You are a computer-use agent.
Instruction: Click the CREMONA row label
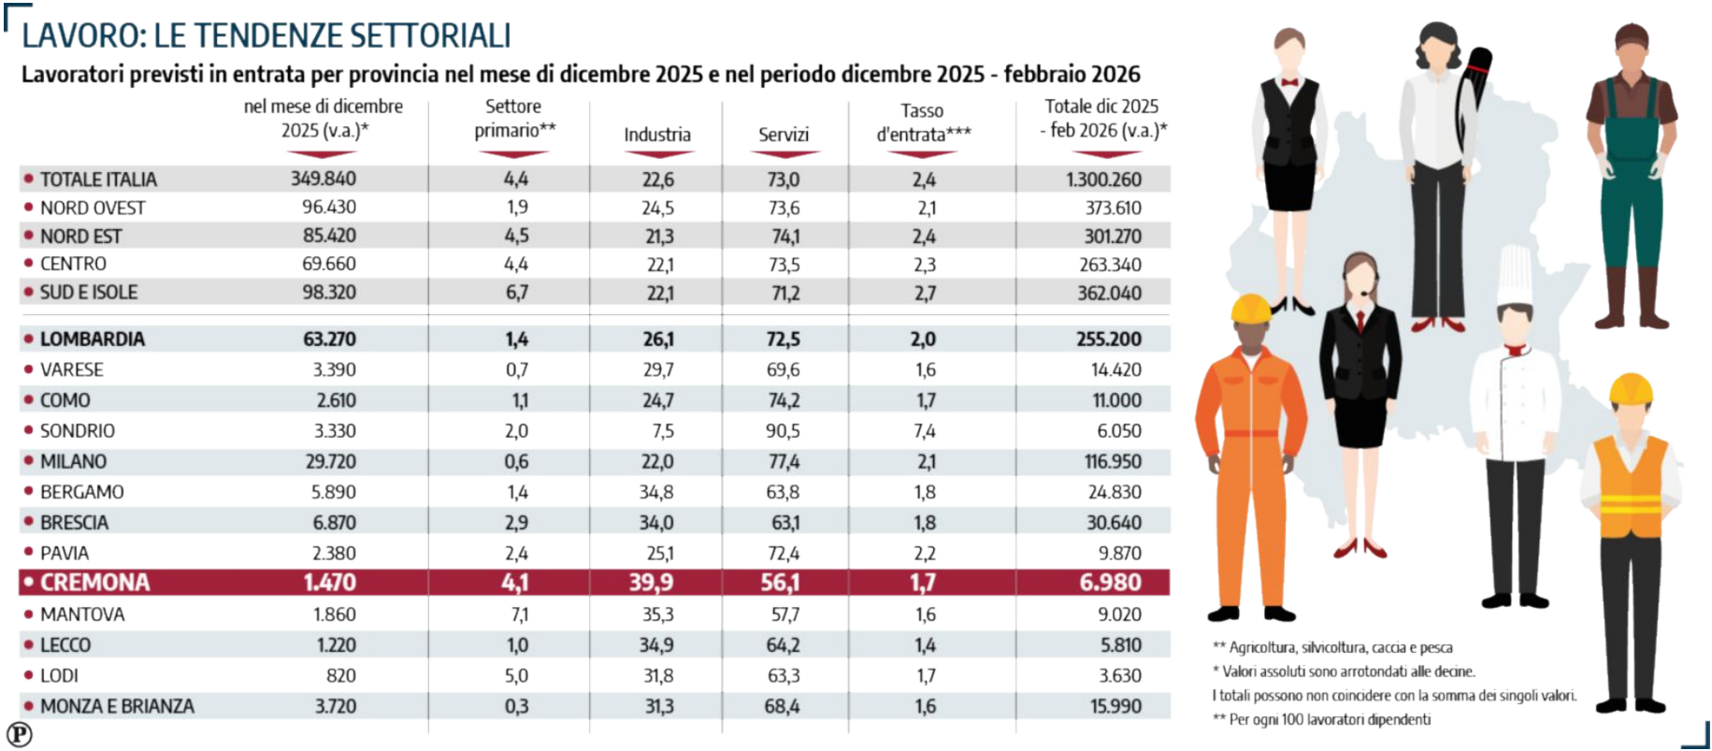pos(94,583)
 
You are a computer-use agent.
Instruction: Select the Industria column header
pos(657,135)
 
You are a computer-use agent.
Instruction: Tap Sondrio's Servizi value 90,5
pos(783,431)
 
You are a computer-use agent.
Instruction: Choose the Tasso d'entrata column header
pos(923,123)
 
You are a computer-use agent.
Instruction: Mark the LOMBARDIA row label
pos(92,339)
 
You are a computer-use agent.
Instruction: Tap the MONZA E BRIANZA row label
pos(117,706)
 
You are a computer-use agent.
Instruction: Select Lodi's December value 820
pos(340,675)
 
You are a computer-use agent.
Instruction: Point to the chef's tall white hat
pos(1515,275)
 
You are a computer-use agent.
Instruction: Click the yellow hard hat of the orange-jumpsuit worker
pos(1250,309)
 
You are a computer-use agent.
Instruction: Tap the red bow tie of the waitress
pos(1291,82)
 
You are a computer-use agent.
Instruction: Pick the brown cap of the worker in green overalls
pos(1632,36)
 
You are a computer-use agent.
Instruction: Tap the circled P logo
pos(19,734)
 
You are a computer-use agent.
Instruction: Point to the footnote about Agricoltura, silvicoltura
pos(1332,647)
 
